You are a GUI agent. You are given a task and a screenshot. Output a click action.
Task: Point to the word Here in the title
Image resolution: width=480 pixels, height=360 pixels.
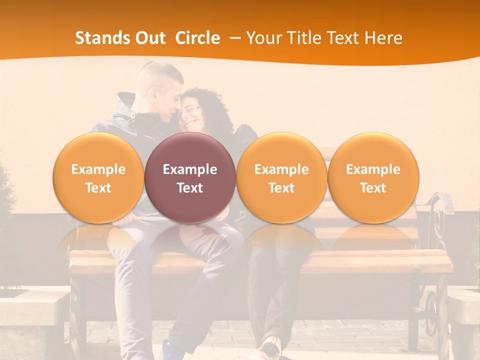pyautogui.click(x=383, y=38)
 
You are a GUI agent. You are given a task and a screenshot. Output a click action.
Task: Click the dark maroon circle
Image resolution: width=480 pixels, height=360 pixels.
pyautogui.click(x=190, y=178)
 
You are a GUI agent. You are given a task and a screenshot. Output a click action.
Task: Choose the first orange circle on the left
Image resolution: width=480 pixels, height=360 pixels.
pyautogui.click(x=98, y=178)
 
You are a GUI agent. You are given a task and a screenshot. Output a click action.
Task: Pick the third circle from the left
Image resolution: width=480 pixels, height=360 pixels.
pyautogui.click(x=281, y=178)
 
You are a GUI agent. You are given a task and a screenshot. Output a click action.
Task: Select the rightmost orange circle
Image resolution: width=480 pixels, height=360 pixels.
pyautogui.click(x=373, y=178)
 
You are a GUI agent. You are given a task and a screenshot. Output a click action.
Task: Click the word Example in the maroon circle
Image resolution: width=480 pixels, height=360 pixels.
pyautogui.click(x=190, y=169)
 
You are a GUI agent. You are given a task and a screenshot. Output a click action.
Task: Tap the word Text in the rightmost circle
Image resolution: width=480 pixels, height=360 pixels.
pyautogui.click(x=373, y=188)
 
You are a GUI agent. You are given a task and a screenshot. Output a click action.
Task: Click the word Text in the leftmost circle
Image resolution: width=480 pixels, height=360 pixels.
pyautogui.click(x=98, y=188)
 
